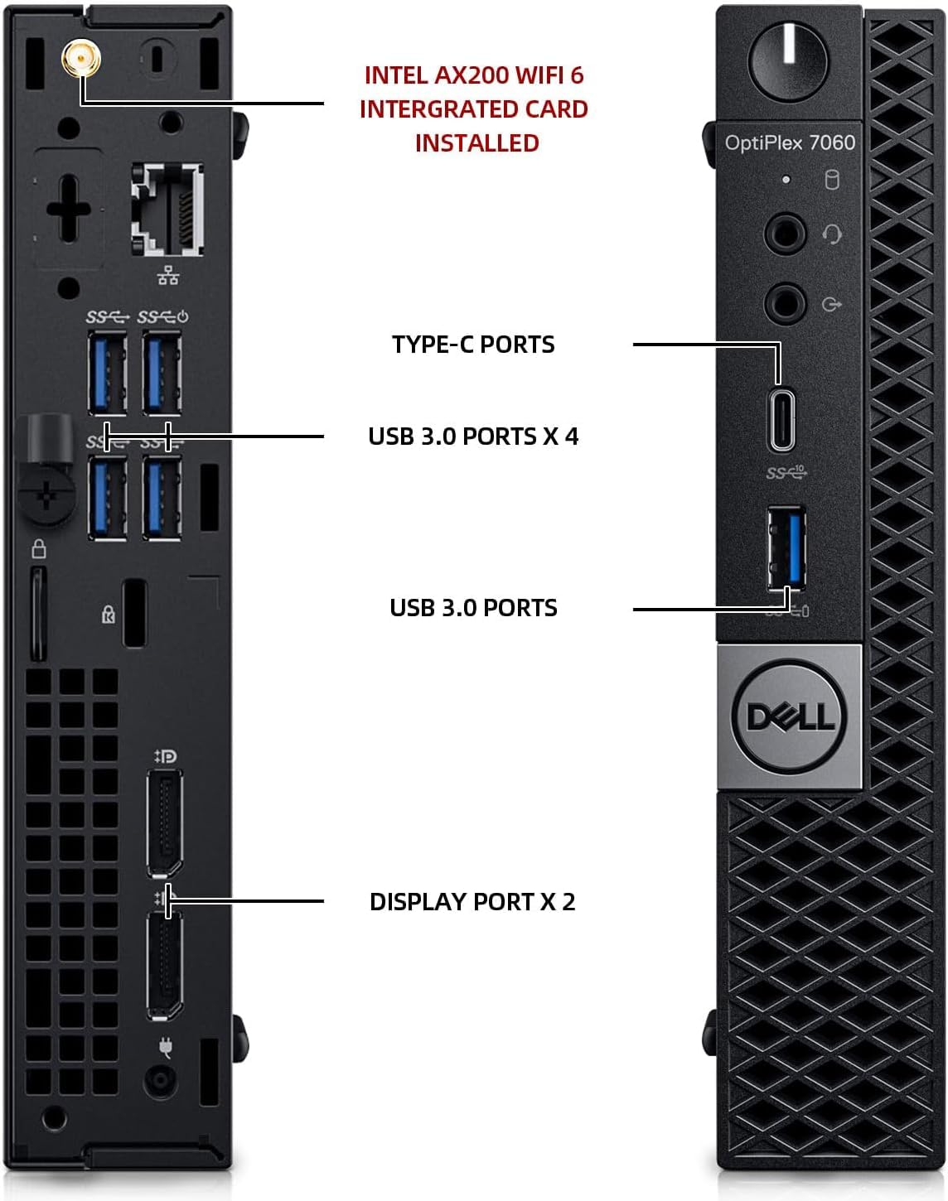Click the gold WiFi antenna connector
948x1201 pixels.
tap(80, 59)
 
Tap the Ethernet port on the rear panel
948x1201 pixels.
tap(167, 210)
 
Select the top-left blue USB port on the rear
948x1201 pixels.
tap(108, 372)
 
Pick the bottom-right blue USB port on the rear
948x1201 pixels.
tap(162, 498)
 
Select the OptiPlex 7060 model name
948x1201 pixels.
tap(789, 143)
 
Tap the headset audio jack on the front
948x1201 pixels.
tap(784, 234)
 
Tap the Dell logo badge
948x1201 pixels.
tap(789, 716)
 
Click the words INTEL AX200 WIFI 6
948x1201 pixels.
tap(474, 75)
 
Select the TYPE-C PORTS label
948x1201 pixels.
tap(473, 345)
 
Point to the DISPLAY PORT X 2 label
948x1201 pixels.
tap(472, 902)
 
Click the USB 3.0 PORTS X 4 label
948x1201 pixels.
tap(473, 437)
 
